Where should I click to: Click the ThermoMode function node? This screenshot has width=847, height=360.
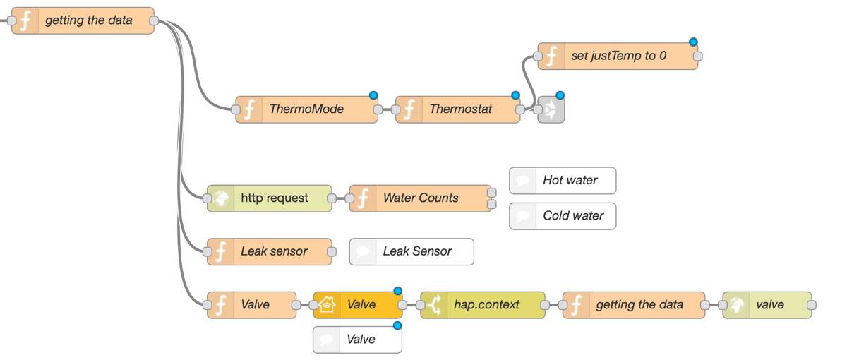click(x=306, y=109)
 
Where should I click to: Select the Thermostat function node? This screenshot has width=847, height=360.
click(x=460, y=109)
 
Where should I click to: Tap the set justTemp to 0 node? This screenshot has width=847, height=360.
click(x=618, y=56)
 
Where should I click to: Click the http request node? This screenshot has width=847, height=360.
click(x=274, y=198)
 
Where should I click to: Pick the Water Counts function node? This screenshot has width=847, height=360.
click(x=421, y=198)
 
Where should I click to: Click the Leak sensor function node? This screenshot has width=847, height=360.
click(x=274, y=251)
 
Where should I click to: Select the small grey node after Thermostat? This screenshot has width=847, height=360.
click(x=551, y=109)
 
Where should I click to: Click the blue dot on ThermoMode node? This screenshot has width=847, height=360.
click(x=373, y=95)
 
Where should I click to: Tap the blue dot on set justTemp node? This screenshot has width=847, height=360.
click(x=693, y=42)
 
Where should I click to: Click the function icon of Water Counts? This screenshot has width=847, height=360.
click(x=363, y=198)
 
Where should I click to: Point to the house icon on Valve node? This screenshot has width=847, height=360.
click(x=326, y=305)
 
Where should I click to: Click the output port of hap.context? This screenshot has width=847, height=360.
click(x=545, y=305)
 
